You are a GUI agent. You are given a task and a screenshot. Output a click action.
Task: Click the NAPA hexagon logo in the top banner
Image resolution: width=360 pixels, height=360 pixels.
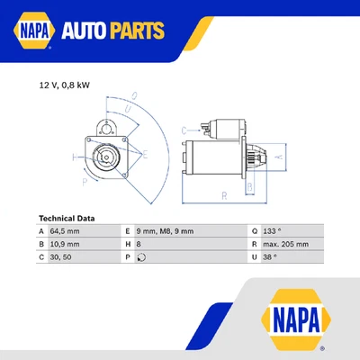pos(32,32)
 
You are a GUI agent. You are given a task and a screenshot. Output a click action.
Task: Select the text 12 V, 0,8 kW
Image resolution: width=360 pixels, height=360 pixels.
pos(64,85)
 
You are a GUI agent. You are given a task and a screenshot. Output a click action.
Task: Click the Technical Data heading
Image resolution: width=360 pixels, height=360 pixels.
pos(68,218)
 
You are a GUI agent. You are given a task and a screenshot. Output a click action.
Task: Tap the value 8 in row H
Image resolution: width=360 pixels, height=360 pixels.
pos(140,244)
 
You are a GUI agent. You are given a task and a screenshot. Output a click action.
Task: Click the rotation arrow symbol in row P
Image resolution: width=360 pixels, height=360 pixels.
pos(142,256)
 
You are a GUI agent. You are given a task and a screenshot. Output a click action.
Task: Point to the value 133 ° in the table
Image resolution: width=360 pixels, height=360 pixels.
pos(273,231)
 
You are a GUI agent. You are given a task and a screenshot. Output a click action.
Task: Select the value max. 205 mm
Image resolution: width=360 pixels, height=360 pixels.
pos(287,244)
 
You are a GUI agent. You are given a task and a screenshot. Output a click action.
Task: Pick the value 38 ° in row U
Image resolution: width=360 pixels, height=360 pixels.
pos(271,256)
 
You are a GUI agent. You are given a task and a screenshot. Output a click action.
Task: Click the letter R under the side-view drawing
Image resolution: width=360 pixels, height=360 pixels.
pos(222,193)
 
